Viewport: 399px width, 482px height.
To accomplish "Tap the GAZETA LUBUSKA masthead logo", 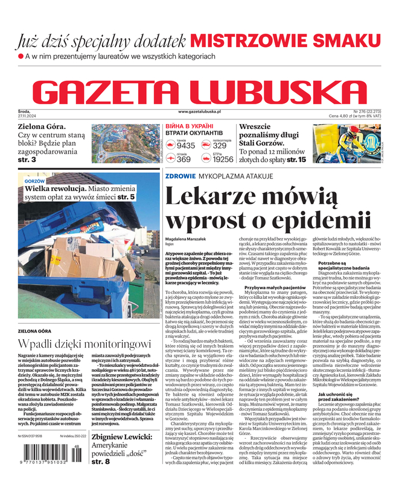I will pyautogui.click(x=199, y=90).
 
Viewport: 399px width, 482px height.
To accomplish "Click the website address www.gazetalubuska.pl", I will pyautogui.click(x=200, y=111).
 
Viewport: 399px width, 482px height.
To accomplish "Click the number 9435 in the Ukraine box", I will pyautogui.click(x=186, y=145).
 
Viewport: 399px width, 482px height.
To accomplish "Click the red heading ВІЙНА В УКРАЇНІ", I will pyautogui.click(x=187, y=126).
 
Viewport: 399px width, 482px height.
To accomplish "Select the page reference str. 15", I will pyautogui.click(x=296, y=160).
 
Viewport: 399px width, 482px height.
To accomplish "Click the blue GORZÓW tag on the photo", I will pyautogui.click(x=35, y=181).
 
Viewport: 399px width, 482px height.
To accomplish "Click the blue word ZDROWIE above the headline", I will pyautogui.click(x=180, y=177).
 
